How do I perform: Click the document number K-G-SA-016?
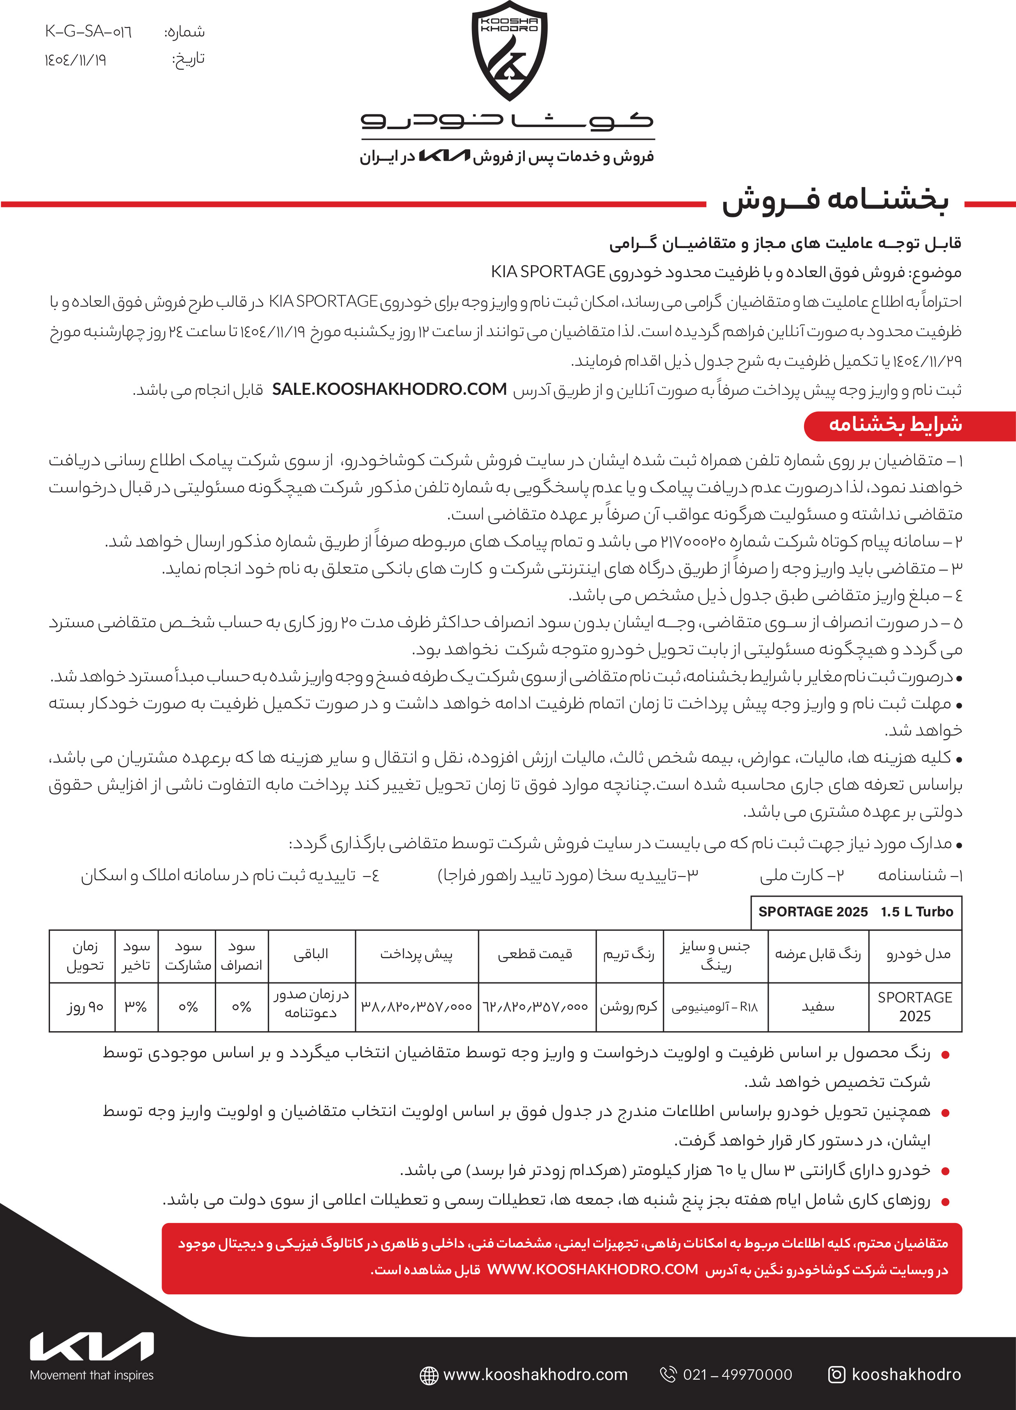tap(88, 32)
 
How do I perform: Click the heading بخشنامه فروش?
tap(834, 200)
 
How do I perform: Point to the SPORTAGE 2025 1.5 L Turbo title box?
tap(856, 912)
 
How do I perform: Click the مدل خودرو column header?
tap(918, 955)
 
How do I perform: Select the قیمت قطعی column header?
tap(535, 955)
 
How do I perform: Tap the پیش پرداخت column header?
tap(416, 955)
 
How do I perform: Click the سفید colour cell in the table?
tap(818, 1007)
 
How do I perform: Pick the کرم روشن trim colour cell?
tap(629, 1007)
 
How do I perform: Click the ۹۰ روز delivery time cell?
tap(85, 1007)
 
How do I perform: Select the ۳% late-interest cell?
tap(136, 1007)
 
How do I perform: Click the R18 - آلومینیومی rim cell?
tap(715, 1007)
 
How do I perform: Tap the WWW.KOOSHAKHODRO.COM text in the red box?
tap(592, 1269)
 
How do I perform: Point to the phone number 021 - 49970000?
tap(738, 1375)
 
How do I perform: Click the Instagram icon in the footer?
tap(836, 1375)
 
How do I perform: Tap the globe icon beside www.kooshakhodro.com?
tap(429, 1375)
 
